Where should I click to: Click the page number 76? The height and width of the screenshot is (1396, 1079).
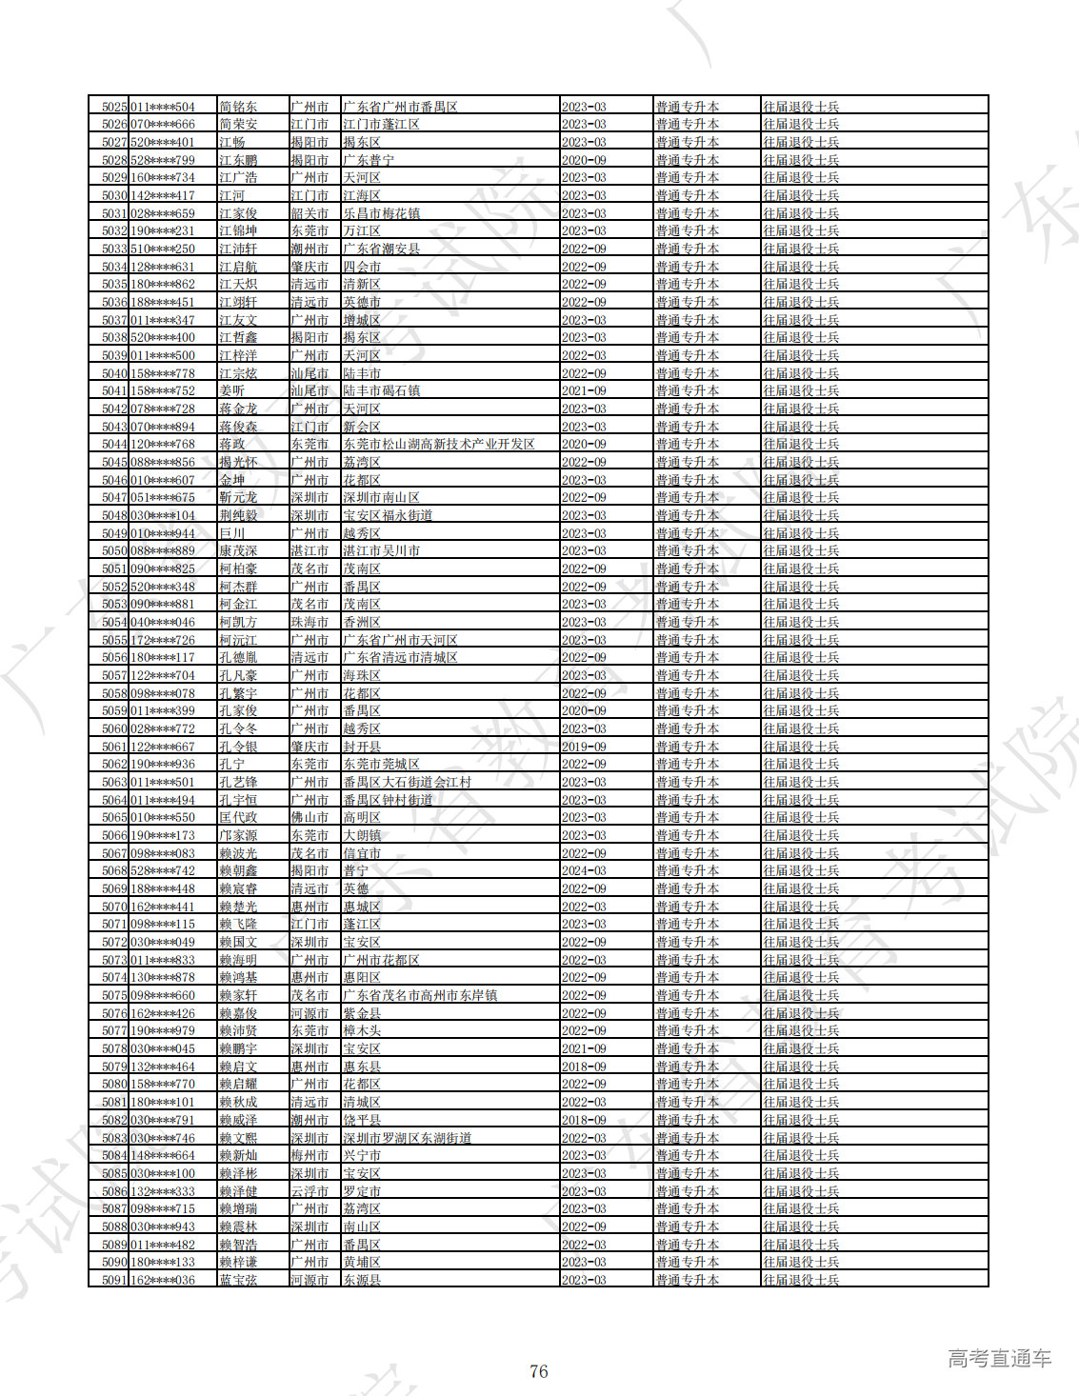pyautogui.click(x=538, y=1371)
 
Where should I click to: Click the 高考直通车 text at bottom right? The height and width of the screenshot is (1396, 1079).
pyautogui.click(x=999, y=1359)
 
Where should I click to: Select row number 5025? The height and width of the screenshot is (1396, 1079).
pyautogui.click(x=114, y=107)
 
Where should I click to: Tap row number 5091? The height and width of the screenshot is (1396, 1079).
pyautogui.click(x=114, y=1280)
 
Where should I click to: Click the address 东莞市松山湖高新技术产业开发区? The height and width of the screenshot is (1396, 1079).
pyautogui.click(x=439, y=445)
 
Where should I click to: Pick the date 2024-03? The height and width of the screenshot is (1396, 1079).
pyautogui.click(x=584, y=871)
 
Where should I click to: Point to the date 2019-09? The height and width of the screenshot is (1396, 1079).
pyautogui.click(x=584, y=747)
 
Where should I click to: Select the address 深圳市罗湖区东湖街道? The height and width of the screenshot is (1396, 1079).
pyautogui.click(x=408, y=1138)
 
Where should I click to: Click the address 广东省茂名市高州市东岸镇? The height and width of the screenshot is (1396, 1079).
pyautogui.click(x=420, y=995)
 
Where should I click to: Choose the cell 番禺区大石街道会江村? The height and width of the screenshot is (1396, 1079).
pyautogui.click(x=408, y=782)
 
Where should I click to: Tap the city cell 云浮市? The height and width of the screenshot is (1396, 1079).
pyautogui.click(x=310, y=1191)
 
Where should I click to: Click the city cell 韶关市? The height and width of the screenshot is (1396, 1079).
pyautogui.click(x=310, y=213)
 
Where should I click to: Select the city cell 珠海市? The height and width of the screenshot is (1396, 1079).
pyautogui.click(x=310, y=622)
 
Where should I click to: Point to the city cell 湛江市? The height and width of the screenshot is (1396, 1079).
pyautogui.click(x=310, y=551)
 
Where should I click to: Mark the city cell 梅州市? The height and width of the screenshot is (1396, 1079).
pyautogui.click(x=310, y=1155)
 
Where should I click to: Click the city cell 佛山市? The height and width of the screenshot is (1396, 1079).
pyautogui.click(x=310, y=818)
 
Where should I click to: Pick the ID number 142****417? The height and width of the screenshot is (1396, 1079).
pyautogui.click(x=163, y=195)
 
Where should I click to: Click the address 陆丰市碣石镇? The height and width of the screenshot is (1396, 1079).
pyautogui.click(x=382, y=391)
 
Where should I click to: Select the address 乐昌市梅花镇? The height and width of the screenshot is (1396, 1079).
pyautogui.click(x=382, y=213)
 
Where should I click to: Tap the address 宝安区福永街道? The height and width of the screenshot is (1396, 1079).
pyautogui.click(x=389, y=515)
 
